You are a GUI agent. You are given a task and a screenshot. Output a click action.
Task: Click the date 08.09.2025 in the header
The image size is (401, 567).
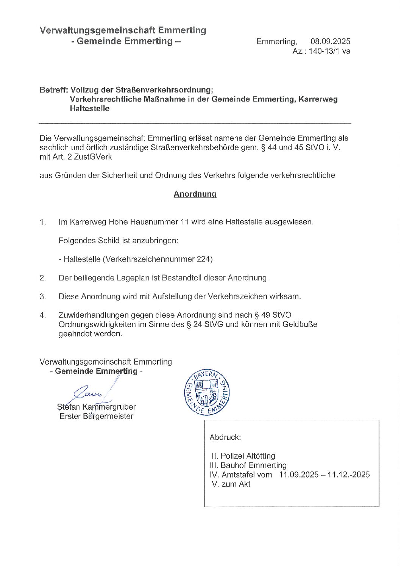point(330,42)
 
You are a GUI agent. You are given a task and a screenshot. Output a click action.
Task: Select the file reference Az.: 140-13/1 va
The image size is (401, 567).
point(321,51)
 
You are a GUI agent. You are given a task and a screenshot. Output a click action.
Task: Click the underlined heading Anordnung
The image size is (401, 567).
point(195,194)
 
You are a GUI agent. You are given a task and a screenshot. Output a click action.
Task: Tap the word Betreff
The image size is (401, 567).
point(53,90)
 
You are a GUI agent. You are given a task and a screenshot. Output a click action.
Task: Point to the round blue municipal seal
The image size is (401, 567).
point(207,393)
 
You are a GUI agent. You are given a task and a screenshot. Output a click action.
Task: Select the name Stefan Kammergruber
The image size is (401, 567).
point(96,407)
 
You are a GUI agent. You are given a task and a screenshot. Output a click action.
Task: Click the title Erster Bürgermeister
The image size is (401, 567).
point(96,416)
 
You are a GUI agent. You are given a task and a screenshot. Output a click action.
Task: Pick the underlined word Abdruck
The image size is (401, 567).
point(225,437)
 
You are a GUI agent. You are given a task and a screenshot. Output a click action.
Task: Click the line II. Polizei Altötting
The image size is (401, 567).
point(243,456)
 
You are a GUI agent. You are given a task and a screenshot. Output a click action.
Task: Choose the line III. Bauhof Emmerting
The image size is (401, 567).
point(248,465)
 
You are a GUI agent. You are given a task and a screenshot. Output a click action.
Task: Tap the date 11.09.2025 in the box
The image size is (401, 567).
point(298,475)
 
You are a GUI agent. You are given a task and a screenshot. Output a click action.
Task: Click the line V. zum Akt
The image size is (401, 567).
point(231,484)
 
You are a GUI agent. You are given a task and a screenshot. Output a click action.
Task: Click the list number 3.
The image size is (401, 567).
point(42,296)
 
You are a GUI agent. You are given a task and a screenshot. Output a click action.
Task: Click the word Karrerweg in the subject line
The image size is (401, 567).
point(318,99)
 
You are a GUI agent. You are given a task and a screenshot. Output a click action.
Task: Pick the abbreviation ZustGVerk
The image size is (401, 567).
point(93,157)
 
